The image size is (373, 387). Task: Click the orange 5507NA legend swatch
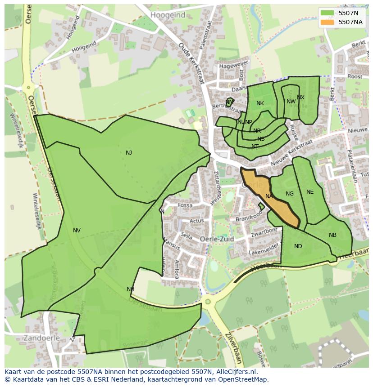(x=328, y=22)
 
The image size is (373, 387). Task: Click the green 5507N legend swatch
(x=328, y=13)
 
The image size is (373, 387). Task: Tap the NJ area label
(x=129, y=153)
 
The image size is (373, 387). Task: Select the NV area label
(x=77, y=231)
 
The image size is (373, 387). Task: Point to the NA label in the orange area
(x=269, y=196)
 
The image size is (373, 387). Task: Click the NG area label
(x=290, y=194)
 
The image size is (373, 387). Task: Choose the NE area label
(x=310, y=192)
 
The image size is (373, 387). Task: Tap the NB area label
(x=332, y=235)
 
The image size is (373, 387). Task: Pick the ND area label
(x=298, y=246)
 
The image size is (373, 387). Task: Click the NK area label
(x=260, y=103)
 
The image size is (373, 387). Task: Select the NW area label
(x=291, y=102)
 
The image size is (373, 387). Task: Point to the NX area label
(x=300, y=98)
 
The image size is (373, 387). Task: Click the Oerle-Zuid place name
(x=217, y=239)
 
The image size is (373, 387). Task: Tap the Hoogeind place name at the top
(x=168, y=15)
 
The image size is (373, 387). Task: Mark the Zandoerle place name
(x=29, y=338)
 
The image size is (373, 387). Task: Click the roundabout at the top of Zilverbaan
(x=208, y=302)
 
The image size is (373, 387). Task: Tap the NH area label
(x=131, y=289)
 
